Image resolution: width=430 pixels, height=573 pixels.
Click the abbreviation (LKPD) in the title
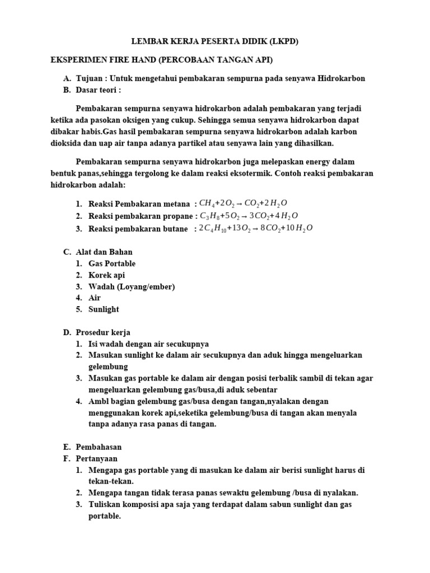pyautogui.click(x=283, y=42)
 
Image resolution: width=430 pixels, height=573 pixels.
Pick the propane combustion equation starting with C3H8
pyautogui.click(x=249, y=216)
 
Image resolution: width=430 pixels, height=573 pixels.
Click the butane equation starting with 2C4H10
pyautogui.click(x=256, y=228)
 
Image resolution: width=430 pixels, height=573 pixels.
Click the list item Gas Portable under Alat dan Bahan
pyautogui.click(x=112, y=264)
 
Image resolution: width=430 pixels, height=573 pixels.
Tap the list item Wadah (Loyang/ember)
pyautogui.click(x=132, y=286)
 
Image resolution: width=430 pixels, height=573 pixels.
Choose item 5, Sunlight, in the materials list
pyautogui.click(x=104, y=309)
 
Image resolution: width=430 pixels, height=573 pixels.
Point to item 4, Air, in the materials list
pyautogui.click(x=95, y=298)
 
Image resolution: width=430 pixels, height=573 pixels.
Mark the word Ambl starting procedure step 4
pyautogui.click(x=98, y=401)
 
